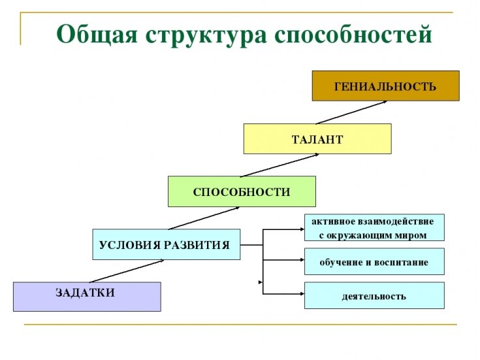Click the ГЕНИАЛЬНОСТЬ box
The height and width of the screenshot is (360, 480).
[385, 86]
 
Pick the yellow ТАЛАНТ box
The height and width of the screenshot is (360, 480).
[317, 139]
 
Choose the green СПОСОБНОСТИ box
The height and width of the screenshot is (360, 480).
[242, 191]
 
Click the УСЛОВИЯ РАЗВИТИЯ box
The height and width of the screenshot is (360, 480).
[166, 245]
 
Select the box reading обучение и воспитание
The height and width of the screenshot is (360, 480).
[374, 262]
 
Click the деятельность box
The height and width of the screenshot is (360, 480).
[374, 296]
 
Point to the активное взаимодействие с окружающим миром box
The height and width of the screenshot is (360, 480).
[374, 227]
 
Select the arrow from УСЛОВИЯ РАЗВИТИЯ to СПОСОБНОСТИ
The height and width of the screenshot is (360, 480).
[204, 218]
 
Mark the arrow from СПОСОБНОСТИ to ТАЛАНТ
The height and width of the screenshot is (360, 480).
[280, 165]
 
